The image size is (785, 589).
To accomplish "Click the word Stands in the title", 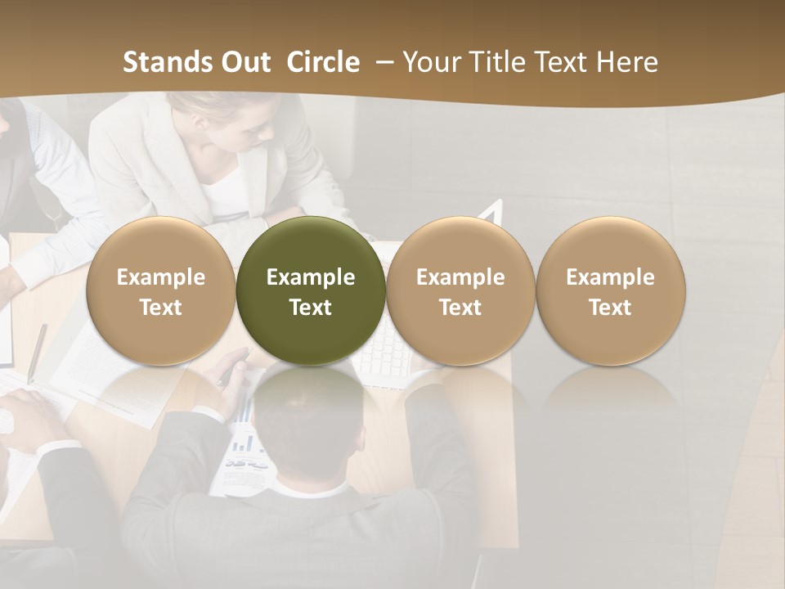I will tap(168, 62).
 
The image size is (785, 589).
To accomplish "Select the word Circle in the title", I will tap(323, 62).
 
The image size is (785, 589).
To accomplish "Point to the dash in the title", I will tap(381, 62).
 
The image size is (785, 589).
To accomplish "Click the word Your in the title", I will tap(428, 62).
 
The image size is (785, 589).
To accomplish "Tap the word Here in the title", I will tap(628, 62).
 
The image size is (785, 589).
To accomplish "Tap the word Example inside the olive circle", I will tap(311, 277).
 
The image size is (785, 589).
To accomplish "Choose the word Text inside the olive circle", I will tap(311, 308).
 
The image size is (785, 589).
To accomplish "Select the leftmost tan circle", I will tap(161, 290).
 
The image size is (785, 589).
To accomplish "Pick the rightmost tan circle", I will tap(611, 290).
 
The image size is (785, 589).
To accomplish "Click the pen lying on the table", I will tap(37, 352).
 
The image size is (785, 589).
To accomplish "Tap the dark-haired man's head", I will tap(307, 425).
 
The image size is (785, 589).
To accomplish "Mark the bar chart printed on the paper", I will tap(243, 442).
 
